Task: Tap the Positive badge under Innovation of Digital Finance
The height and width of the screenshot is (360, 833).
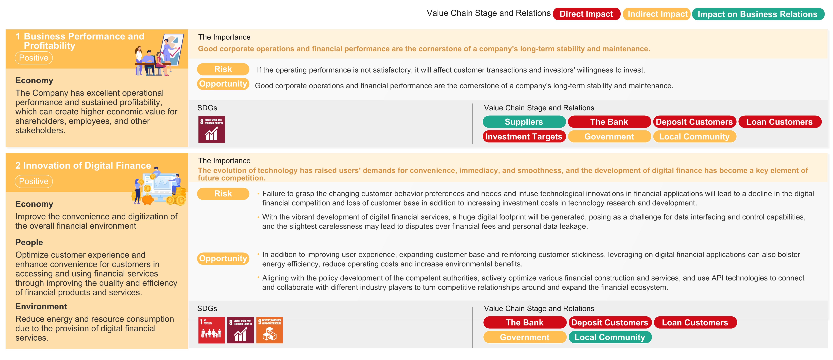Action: click(34, 181)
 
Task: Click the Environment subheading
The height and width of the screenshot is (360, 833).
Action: click(41, 306)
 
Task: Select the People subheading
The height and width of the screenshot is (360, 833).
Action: click(29, 242)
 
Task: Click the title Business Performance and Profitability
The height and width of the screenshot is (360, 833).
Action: click(80, 41)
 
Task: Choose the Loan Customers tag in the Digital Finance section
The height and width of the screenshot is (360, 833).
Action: click(695, 322)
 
